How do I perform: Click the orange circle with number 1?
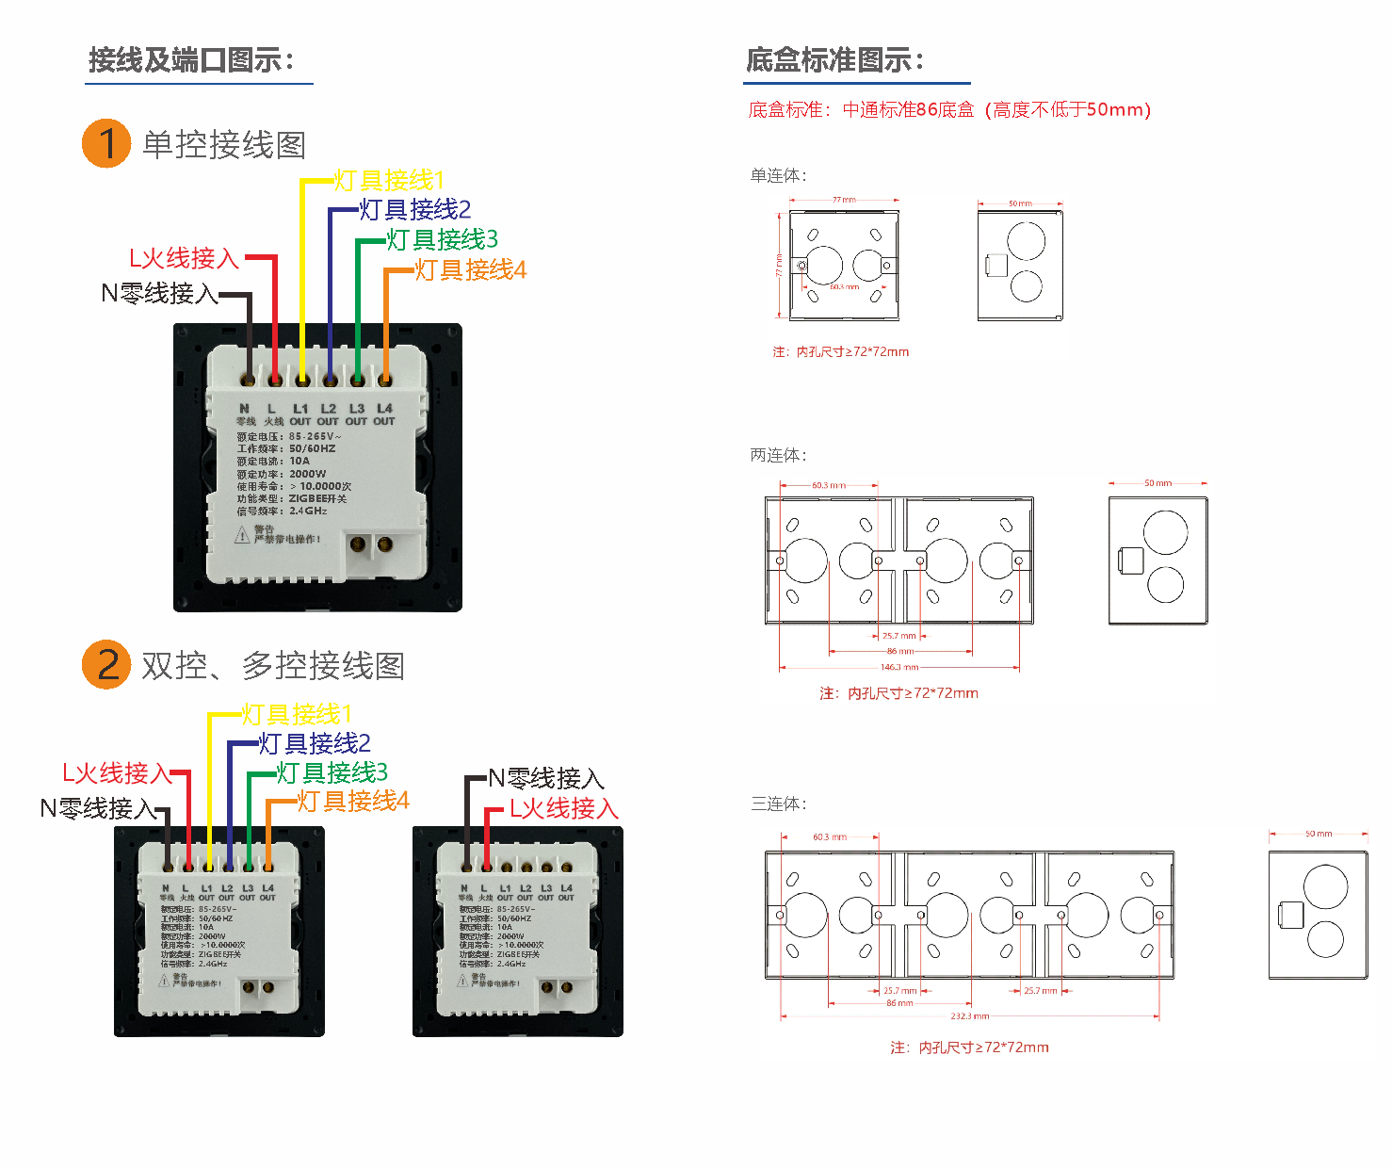[106, 143]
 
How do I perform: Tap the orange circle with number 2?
[106, 664]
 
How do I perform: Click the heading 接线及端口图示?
[191, 60]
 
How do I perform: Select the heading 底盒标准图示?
[834, 60]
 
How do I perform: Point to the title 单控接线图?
[224, 145]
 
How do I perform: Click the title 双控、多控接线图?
[273, 666]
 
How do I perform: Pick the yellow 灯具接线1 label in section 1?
[388, 180]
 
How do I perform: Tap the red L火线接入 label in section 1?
[184, 258]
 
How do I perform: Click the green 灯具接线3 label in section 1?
[442, 239]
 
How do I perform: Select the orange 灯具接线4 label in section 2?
[353, 801]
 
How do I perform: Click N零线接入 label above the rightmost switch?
[546, 779]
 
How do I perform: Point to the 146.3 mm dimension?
[898, 667]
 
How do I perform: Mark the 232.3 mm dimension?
[969, 1016]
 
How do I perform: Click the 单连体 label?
[778, 175]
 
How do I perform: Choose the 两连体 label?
[778, 455]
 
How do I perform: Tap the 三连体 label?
[778, 804]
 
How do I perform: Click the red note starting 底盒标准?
[949, 110]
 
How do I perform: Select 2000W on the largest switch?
[308, 474]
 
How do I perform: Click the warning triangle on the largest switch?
[242, 535]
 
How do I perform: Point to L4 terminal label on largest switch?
[384, 409]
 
